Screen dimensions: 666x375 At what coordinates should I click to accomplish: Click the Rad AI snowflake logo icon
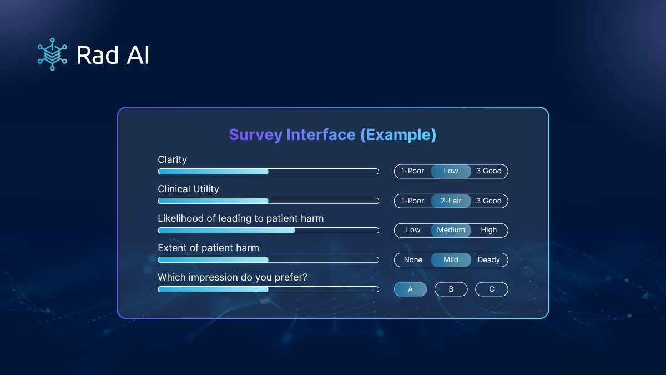[52, 54]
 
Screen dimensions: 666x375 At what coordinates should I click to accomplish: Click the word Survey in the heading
[256, 135]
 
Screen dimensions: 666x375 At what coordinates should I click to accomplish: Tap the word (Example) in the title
[398, 135]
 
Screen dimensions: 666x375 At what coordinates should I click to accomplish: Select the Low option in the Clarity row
[451, 171]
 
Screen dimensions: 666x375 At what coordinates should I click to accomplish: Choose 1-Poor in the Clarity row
[413, 171]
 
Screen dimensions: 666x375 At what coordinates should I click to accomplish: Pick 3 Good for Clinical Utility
[489, 201]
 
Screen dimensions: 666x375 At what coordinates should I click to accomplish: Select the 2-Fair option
[451, 201]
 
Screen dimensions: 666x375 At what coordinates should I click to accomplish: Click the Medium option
[451, 230]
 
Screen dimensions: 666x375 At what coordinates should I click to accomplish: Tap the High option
[489, 230]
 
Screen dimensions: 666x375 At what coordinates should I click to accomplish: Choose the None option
[413, 260]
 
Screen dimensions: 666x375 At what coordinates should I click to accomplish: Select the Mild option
[451, 260]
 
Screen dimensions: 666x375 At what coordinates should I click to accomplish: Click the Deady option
[489, 260]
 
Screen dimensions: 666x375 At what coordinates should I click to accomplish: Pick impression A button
[410, 289]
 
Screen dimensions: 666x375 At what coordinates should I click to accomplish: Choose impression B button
[451, 289]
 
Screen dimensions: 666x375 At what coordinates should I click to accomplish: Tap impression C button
[492, 289]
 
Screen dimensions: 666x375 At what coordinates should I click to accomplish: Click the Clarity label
[173, 160]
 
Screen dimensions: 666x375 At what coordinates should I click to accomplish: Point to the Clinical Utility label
[189, 189]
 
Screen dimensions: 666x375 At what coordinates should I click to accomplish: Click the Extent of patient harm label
[209, 248]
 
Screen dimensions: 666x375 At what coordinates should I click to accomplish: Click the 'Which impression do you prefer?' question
[233, 277]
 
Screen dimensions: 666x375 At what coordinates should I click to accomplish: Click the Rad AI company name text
[113, 55]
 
